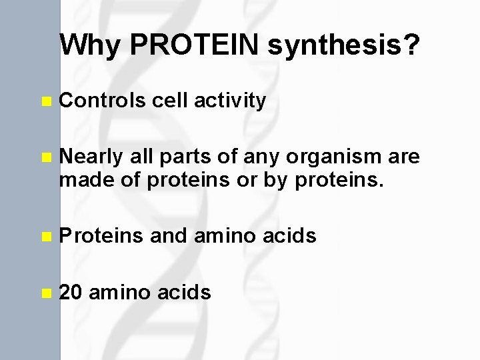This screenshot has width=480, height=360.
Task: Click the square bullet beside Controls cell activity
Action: point(45,102)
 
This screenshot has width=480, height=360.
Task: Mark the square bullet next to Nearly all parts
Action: point(45,157)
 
